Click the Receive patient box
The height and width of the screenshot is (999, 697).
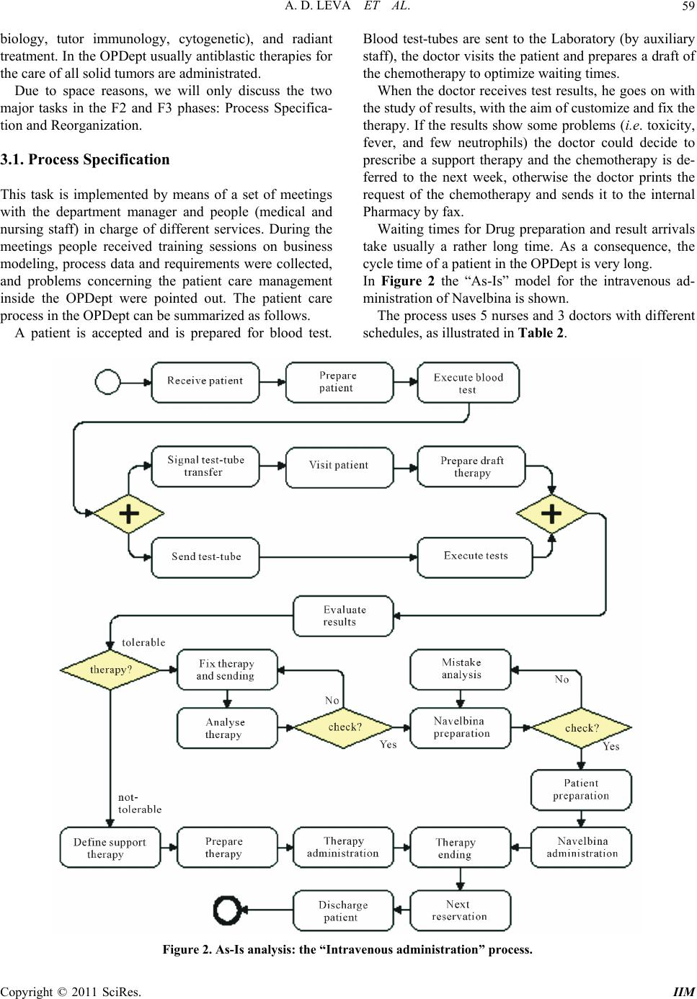tap(205, 381)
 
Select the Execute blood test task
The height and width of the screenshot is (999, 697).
tap(468, 383)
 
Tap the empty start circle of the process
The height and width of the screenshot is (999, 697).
tap(107, 381)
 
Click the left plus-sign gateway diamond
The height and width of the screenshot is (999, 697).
tap(129, 514)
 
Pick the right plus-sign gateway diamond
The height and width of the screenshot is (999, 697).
tap(551, 514)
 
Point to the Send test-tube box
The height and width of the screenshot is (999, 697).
tap(205, 556)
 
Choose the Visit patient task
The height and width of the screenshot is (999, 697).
tap(339, 466)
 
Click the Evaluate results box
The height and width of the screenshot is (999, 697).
tap(343, 616)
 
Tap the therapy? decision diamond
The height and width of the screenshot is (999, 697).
tap(110, 670)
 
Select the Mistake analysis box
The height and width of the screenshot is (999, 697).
tap(461, 669)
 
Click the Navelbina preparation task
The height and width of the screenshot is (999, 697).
tap(461, 727)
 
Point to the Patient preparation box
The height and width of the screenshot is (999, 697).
tap(581, 790)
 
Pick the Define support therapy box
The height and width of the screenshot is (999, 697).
tap(110, 848)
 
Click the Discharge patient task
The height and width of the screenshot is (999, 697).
tap(343, 911)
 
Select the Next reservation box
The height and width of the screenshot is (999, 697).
tap(460, 910)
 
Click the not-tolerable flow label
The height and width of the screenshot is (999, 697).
tap(140, 804)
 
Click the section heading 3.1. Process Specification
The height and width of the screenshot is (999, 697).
tap(85, 160)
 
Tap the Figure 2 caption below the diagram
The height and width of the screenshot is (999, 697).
tap(347, 949)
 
